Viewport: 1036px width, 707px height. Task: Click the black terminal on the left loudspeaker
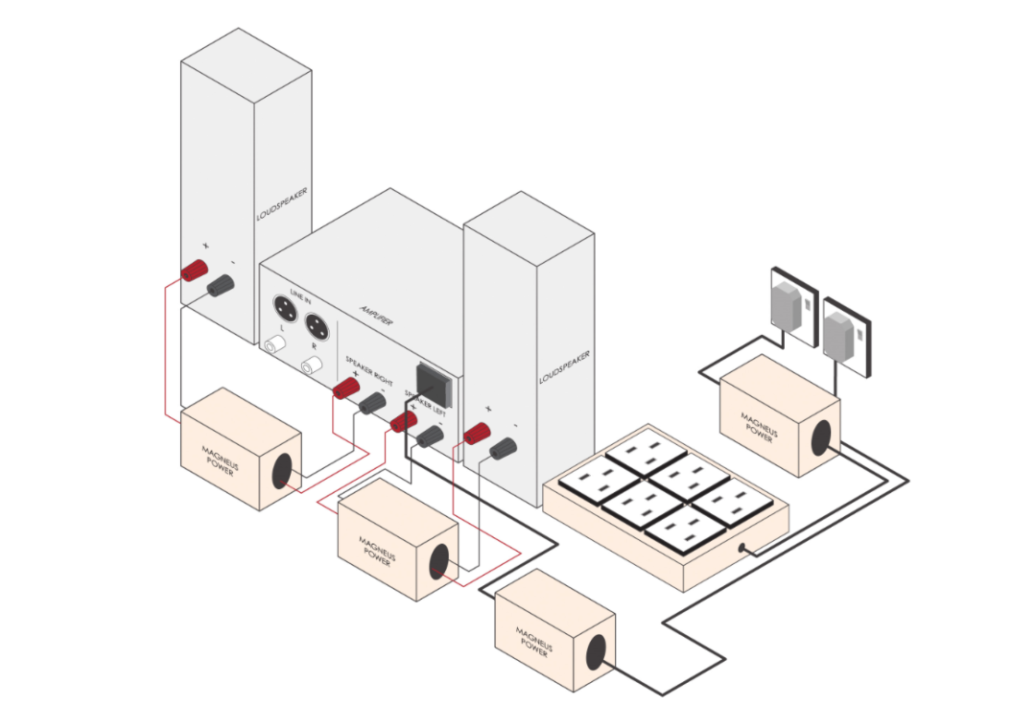(222, 284)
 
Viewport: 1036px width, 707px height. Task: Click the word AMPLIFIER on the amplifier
(367, 313)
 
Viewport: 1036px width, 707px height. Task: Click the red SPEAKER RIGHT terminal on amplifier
(345, 389)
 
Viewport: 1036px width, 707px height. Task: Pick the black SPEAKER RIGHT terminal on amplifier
(372, 404)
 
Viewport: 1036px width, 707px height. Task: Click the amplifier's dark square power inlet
(434, 382)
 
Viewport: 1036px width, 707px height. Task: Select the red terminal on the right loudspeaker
(477, 436)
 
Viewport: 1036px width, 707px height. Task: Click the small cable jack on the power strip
(742, 549)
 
